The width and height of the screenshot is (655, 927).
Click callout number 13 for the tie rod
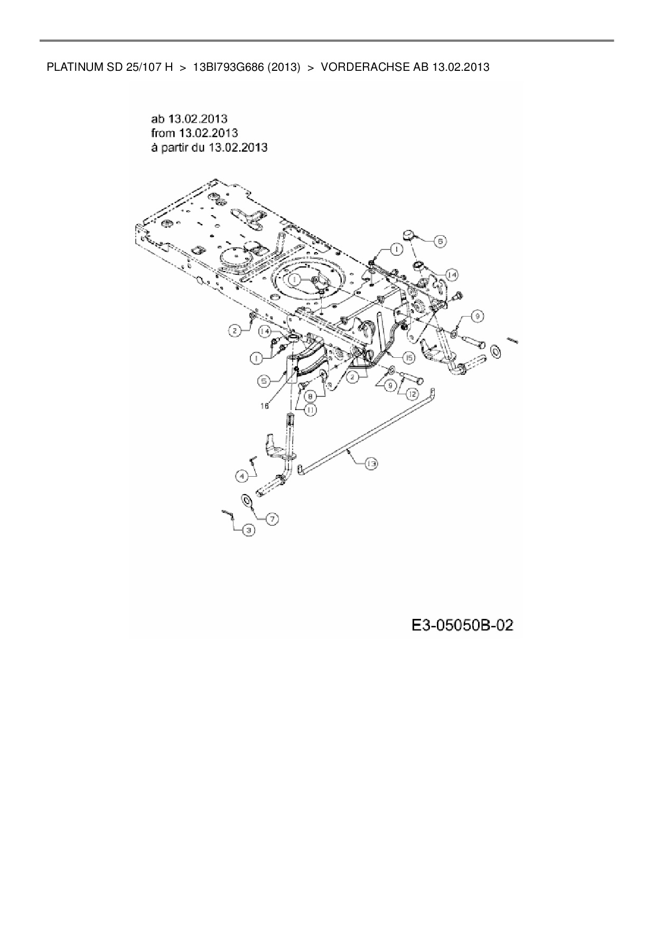371,463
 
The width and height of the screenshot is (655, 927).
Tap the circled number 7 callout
272,519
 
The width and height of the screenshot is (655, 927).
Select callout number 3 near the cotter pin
248,530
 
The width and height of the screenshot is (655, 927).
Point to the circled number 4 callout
241,476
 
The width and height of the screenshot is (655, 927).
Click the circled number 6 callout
439,241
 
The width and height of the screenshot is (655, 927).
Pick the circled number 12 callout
412,393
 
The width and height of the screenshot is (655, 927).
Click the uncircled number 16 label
264,405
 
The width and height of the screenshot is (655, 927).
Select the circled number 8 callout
311,395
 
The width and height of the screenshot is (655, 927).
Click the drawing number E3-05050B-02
462,626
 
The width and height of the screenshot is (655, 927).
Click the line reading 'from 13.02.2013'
194,133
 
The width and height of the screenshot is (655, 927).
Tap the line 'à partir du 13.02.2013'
209,147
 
